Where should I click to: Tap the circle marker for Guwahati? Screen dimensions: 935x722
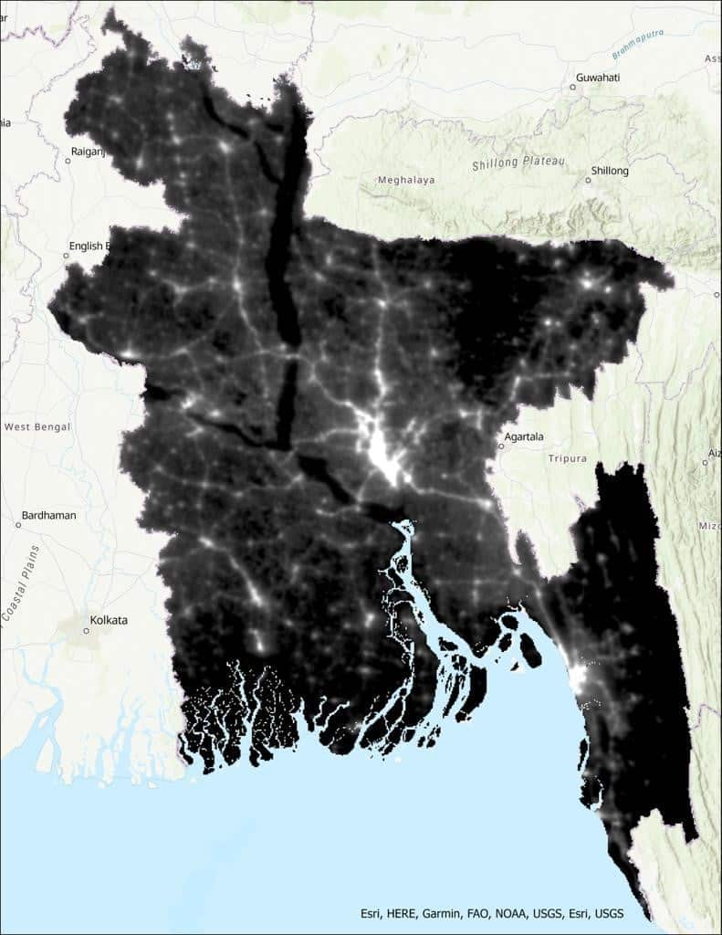(573, 87)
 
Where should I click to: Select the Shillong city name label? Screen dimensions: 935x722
(611, 171)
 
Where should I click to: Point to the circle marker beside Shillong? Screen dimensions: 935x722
(588, 180)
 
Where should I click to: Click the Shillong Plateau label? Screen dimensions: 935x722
(519, 163)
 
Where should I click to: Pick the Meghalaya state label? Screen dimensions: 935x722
(406, 180)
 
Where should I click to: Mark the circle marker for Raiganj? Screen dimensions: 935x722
(68, 161)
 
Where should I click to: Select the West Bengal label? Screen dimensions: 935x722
(37, 426)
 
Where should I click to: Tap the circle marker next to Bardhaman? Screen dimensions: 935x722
(18, 525)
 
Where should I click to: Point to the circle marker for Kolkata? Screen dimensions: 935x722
(87, 630)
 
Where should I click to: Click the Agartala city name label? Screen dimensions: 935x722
(528, 436)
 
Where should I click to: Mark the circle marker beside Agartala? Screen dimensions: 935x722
(501, 446)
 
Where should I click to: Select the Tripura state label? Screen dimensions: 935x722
(568, 458)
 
